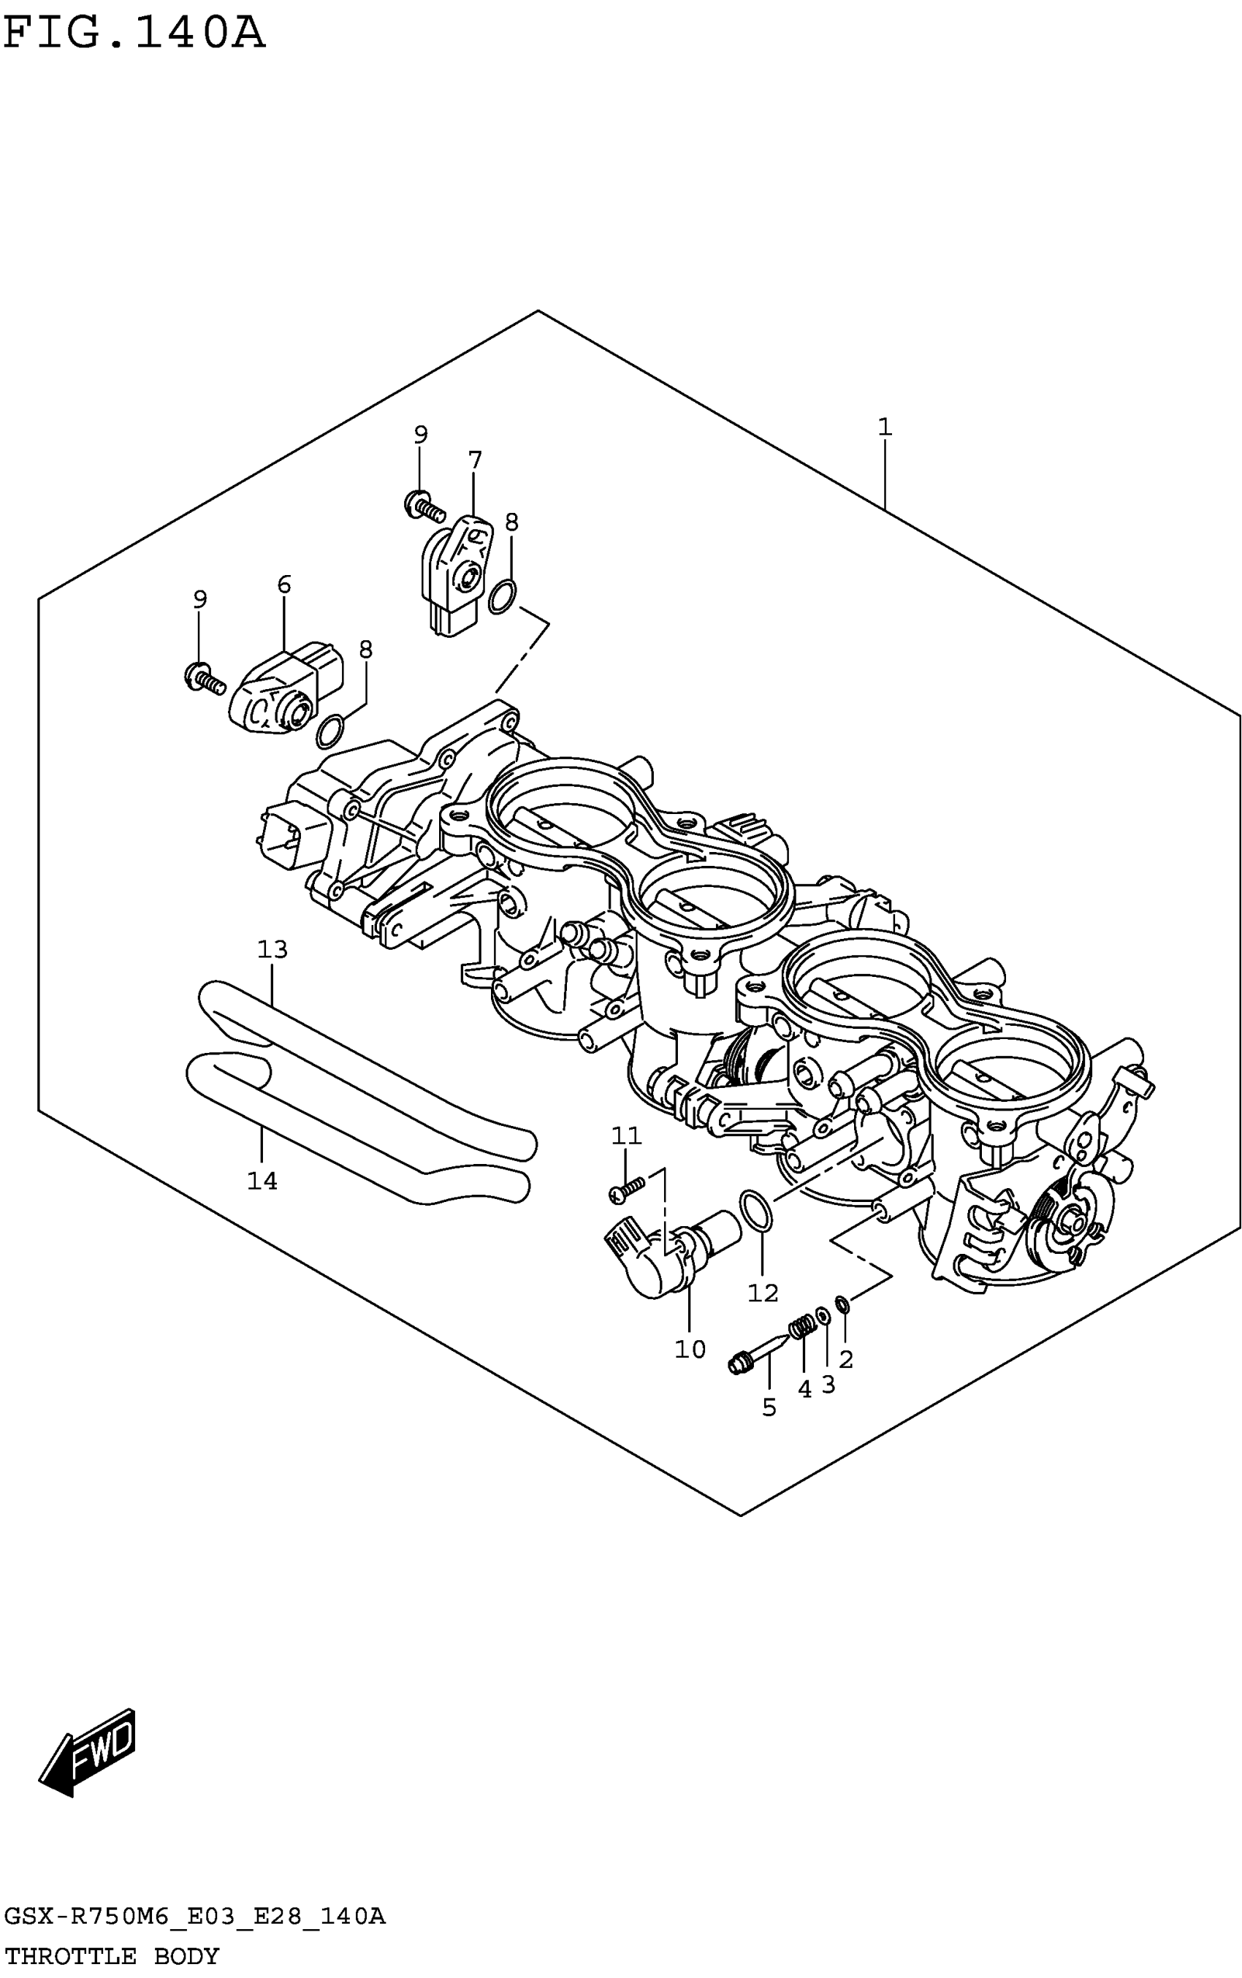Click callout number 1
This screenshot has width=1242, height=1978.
[884, 427]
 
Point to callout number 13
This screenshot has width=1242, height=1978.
[273, 950]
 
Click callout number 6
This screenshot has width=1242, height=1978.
[284, 585]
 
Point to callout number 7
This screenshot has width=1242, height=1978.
[475, 460]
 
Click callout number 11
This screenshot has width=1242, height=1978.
[626, 1136]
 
